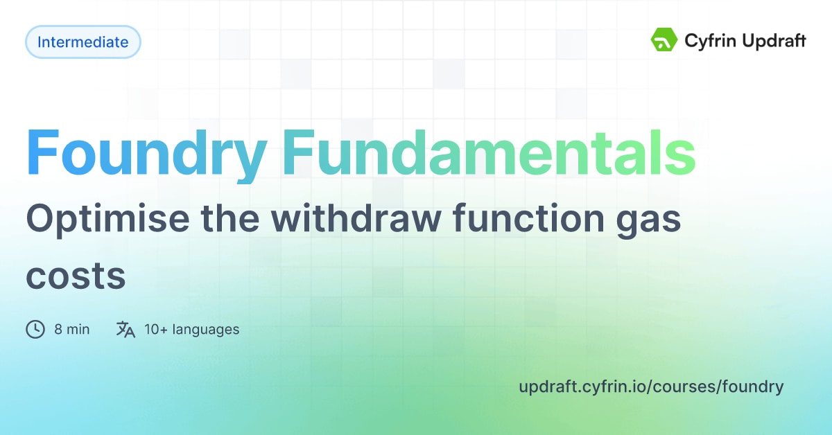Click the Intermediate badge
[83, 42]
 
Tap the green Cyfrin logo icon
[664, 40]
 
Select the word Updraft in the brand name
[773, 42]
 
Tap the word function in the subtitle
[532, 220]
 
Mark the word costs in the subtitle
[76, 276]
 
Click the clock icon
[35, 329]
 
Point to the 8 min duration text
[71, 330]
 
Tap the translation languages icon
[125, 329]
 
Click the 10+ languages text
[191, 330]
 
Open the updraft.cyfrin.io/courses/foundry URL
[651, 387]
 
